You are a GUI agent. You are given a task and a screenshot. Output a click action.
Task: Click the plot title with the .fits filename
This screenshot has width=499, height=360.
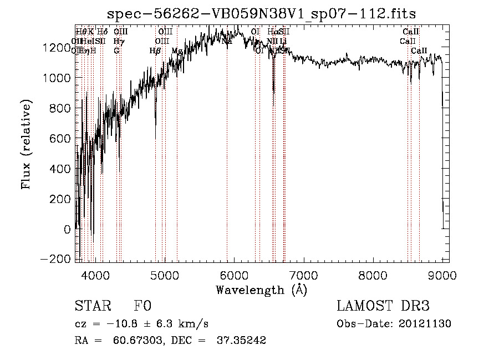pos(261,13)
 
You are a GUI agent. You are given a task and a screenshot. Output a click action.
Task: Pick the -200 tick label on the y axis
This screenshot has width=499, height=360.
pos(57,259)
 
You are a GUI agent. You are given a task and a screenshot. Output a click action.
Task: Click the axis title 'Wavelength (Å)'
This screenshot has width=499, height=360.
pos(261,290)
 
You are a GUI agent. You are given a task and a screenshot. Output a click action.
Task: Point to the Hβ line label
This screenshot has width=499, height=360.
pos(155,51)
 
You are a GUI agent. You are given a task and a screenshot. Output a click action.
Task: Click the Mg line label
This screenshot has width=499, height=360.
pos(176,51)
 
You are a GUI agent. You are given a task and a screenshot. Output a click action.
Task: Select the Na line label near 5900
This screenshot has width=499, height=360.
pos(227,41)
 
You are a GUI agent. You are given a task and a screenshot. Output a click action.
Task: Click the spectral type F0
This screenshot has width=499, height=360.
pos(142,306)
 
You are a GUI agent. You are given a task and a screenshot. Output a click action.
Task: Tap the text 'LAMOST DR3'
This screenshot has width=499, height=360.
pos(383,306)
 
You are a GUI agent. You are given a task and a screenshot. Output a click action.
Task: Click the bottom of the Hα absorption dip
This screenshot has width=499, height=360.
pos(273,92)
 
